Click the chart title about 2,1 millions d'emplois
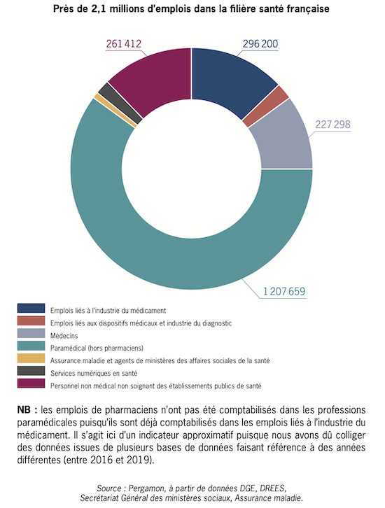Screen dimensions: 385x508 [191, 9]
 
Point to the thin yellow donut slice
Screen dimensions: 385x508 [115, 110]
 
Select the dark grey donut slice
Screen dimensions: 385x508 [120, 103]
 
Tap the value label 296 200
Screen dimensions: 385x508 [260, 44]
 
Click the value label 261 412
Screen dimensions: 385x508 [123, 44]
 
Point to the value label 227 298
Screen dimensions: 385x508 [332, 125]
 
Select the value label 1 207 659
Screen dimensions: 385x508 [284, 292]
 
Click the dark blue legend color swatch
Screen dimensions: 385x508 [31, 308]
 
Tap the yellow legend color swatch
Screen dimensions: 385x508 [31, 358]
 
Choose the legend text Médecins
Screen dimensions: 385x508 [64, 336]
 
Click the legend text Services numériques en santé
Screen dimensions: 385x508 [94, 373]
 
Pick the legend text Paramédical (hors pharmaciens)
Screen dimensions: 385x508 [97, 348]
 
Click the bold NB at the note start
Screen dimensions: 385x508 [24, 410]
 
